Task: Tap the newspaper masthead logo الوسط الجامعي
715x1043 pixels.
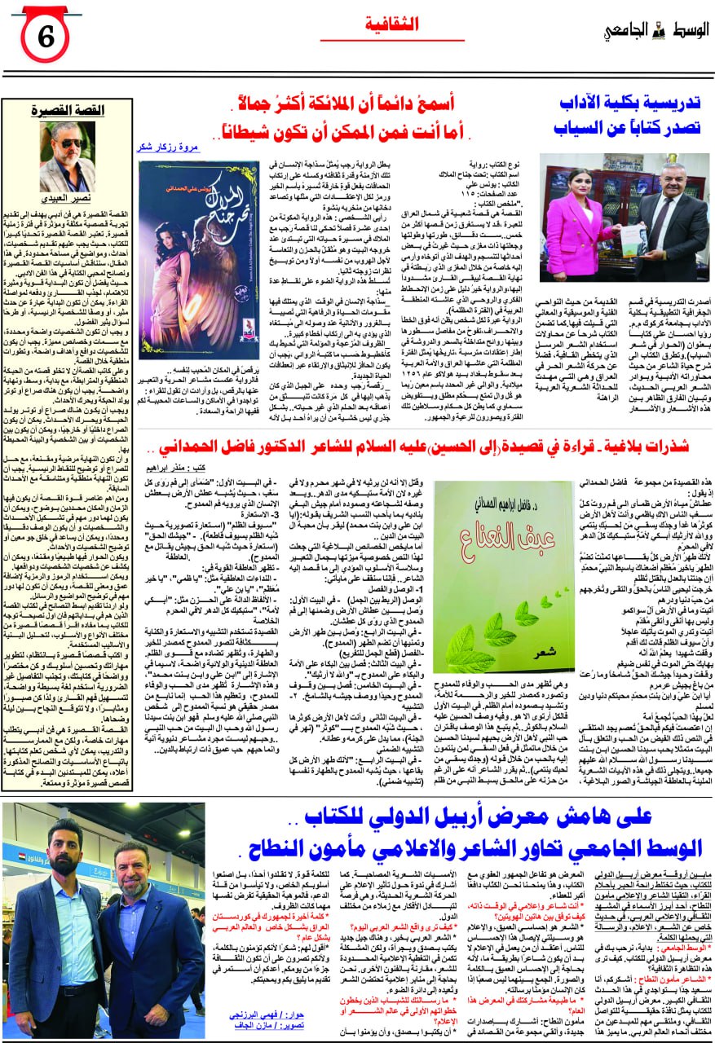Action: [x=658, y=32]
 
